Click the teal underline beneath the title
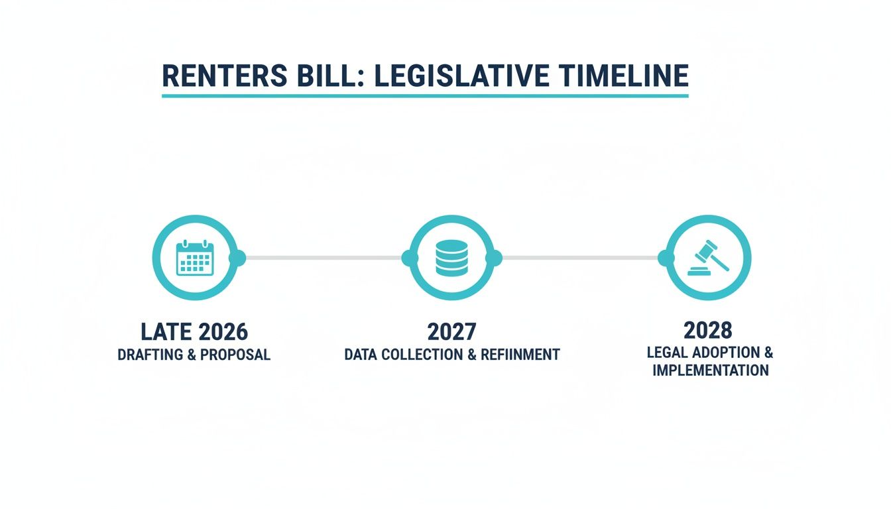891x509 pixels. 425,96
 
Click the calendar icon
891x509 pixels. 194,258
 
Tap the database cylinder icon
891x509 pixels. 451,258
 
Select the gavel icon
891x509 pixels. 708,258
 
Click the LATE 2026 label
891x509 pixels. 194,331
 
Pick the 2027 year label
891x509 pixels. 451,331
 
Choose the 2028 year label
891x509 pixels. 708,329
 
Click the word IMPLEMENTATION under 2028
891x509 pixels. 710,370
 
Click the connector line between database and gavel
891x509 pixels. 580,258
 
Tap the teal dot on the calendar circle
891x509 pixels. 237,258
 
